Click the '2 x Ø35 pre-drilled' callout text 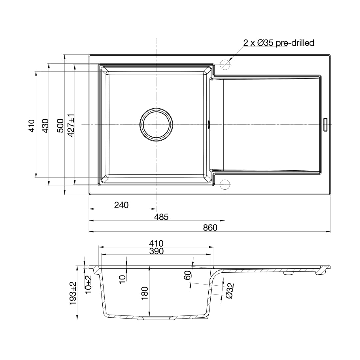[x=279, y=43]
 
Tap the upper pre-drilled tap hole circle [x=225, y=64]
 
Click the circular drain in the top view [x=156, y=125]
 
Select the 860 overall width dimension [x=210, y=227]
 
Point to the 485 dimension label [x=162, y=217]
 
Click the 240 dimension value [x=121, y=205]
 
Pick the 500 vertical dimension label [x=60, y=125]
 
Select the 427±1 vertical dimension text [x=71, y=125]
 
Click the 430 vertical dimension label [x=45, y=125]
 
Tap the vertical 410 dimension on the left [x=31, y=125]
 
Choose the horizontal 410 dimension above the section [x=156, y=243]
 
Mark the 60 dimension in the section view [x=187, y=276]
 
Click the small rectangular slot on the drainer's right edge [x=326, y=125]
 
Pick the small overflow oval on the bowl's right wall [x=208, y=124]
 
